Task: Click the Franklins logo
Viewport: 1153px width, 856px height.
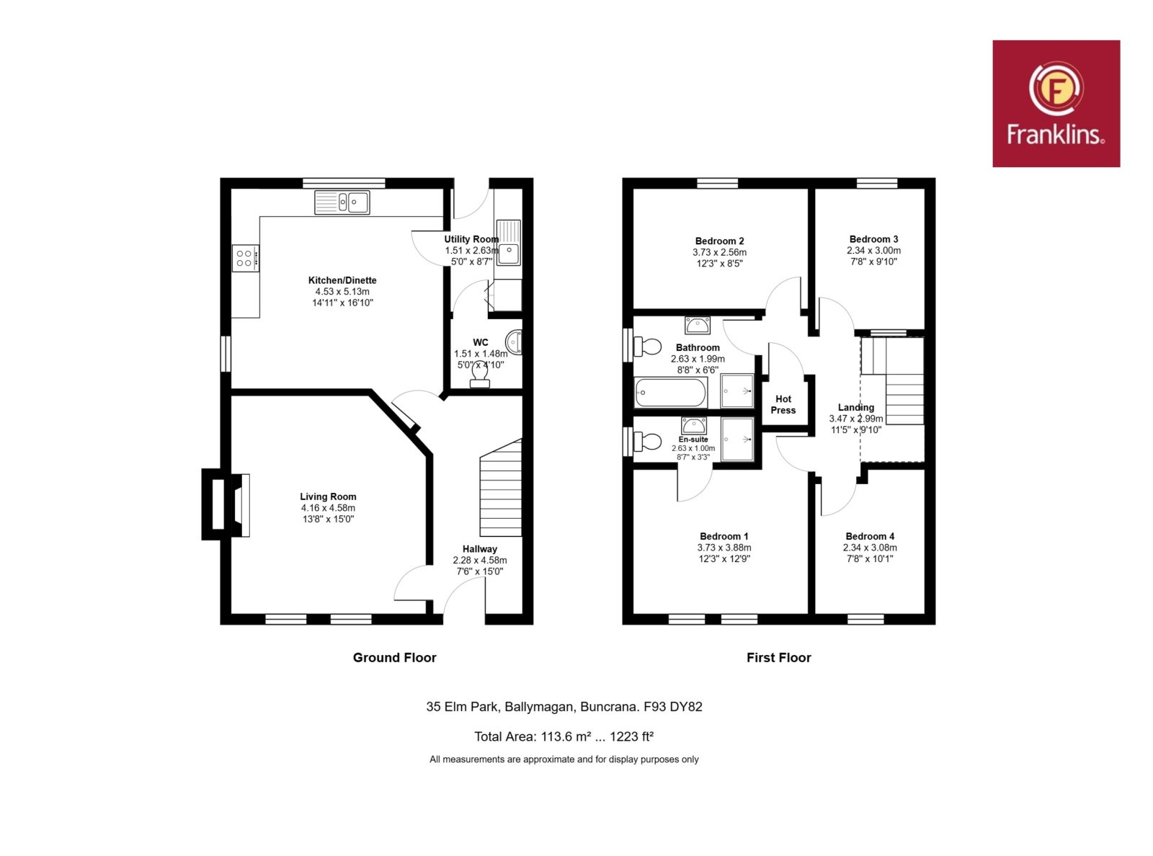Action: point(1056,104)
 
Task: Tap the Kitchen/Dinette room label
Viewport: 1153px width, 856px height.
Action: point(342,280)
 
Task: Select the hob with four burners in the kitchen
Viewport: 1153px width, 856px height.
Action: point(245,258)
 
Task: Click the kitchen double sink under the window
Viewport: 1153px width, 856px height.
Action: point(342,202)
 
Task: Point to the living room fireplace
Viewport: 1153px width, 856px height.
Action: point(226,504)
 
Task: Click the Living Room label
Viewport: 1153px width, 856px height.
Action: point(328,496)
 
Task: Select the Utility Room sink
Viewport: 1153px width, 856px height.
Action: point(509,242)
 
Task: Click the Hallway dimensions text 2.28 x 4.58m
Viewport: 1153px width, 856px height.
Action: point(479,561)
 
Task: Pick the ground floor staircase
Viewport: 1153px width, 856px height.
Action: point(500,488)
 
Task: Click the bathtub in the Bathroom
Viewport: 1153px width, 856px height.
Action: point(670,393)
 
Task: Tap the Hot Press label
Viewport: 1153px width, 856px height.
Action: point(783,404)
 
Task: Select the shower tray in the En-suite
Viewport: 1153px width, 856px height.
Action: point(737,440)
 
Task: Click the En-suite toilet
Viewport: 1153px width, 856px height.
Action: point(646,442)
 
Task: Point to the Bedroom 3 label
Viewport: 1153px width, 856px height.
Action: point(873,239)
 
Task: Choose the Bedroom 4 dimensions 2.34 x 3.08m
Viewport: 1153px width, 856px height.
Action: point(870,548)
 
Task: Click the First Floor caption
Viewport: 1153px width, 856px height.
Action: point(779,657)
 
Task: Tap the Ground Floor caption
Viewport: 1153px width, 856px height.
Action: point(395,657)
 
